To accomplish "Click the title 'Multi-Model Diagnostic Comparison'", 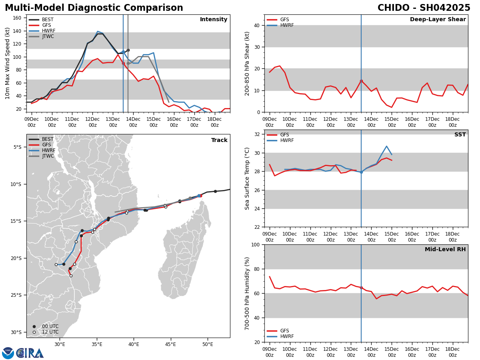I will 94,8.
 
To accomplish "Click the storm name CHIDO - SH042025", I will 424,8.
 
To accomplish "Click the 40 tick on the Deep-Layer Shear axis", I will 256,25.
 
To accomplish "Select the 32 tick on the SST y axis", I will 256,134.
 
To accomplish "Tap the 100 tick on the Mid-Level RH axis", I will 255,244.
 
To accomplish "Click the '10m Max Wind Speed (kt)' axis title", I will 8,63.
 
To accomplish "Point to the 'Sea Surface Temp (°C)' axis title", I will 247,178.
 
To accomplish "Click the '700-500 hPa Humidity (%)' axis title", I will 247,293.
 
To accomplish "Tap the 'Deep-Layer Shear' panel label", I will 438,20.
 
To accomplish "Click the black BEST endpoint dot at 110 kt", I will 128,50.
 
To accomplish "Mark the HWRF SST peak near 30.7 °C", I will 386,146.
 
